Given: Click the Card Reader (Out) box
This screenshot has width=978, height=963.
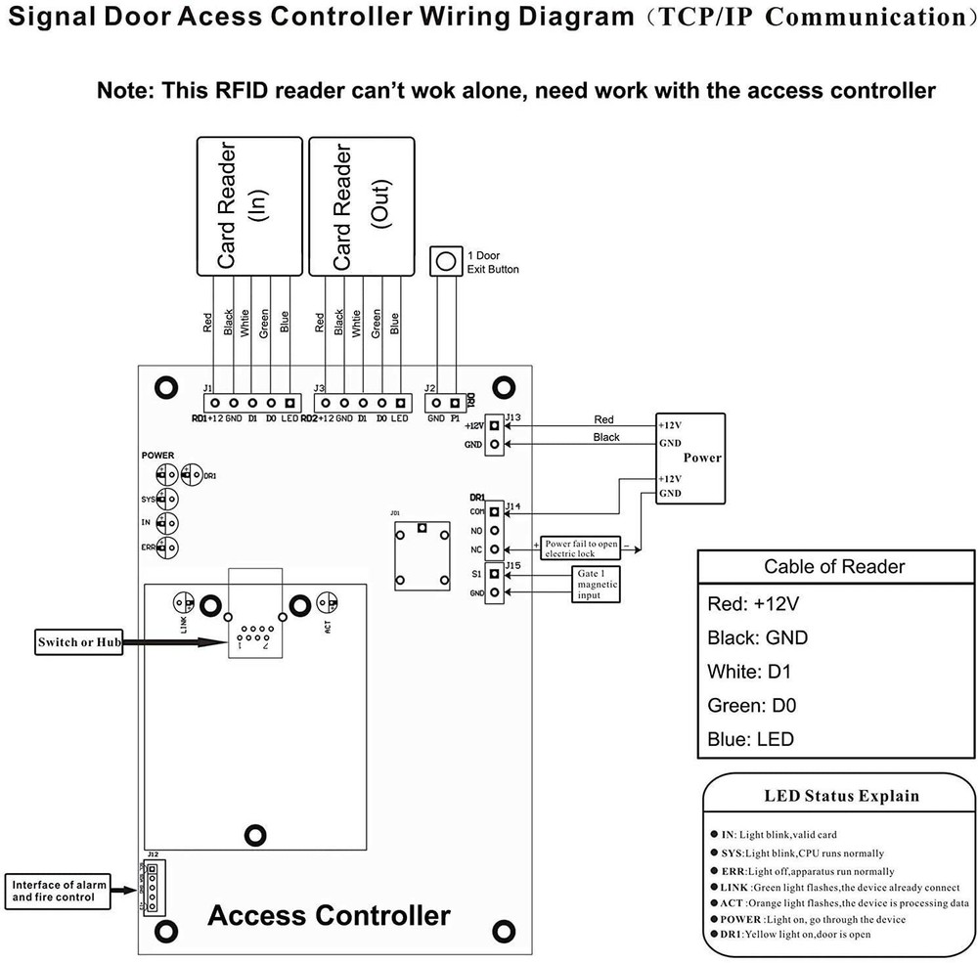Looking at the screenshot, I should pos(361,205).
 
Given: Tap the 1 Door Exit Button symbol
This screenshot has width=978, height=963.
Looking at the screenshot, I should pos(445,261).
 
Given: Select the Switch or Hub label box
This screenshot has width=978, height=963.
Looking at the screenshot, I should pos(77,642).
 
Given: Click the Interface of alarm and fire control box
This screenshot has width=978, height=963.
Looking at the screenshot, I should pos(54,891).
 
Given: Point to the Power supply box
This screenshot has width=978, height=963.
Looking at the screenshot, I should pos(690,458).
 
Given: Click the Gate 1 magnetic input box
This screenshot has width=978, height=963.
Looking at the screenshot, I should pos(596,583).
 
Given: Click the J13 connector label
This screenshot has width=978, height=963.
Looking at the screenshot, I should pos(514,417).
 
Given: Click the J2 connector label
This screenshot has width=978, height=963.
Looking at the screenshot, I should pos(430,388).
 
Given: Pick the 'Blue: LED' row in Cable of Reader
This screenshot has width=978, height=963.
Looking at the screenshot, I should pos(750,739).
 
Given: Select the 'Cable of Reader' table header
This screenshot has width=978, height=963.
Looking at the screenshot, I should pos(834,566).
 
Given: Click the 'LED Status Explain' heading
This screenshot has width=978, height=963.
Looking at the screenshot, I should pos(841,796).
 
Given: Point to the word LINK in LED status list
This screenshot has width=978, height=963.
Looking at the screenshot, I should pos(739,886).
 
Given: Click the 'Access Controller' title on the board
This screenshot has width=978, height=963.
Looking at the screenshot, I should pos(329,916).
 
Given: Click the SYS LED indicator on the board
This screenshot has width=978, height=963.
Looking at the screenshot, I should pos(167,499).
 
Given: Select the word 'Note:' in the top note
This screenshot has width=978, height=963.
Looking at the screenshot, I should pos(127,91).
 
